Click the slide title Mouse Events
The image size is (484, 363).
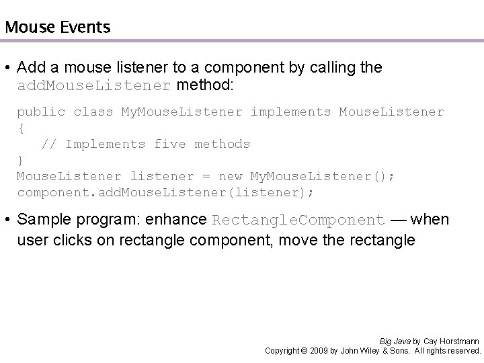click(57, 28)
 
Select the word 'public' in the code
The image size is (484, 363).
click(41, 112)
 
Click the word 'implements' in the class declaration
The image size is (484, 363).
click(290, 112)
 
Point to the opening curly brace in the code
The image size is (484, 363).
click(20, 128)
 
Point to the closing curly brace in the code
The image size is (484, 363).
click(20, 160)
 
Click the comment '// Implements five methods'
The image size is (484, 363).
click(146, 144)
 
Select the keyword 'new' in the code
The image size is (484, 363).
click(231, 176)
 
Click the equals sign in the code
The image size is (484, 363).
click(206, 176)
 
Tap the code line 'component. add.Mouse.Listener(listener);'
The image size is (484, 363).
click(165, 192)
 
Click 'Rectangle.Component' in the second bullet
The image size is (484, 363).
click(298, 220)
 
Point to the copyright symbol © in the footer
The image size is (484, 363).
click(305, 351)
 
